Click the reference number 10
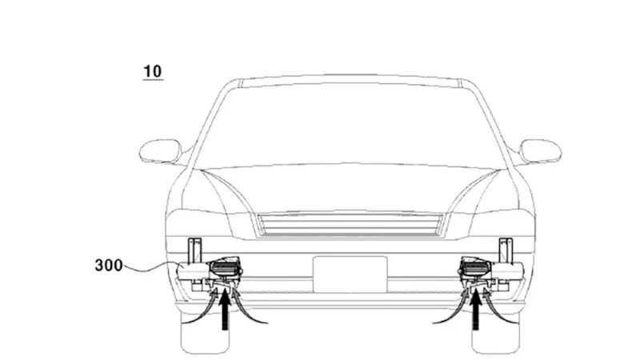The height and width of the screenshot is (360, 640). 153,71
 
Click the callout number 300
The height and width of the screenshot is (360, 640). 109,266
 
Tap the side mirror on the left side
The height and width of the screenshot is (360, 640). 161,151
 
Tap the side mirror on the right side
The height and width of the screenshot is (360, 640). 541,151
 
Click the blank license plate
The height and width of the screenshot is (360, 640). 350,274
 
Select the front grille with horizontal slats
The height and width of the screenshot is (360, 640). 350,225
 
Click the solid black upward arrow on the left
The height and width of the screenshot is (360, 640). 225,311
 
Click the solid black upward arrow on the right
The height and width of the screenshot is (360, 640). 475,311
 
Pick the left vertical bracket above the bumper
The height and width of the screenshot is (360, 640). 194,250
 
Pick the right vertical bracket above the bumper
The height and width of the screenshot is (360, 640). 506,250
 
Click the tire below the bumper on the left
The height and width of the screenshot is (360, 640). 205,333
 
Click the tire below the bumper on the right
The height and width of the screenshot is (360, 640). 495,333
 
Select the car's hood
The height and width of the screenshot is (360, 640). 350,188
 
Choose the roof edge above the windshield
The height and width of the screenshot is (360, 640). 350,79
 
